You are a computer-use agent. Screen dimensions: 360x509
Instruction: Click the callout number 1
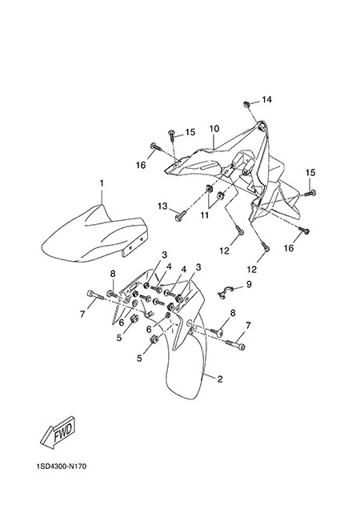point(102,183)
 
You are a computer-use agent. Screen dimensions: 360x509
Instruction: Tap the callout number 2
point(220,379)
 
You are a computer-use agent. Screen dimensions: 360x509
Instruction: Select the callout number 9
point(249,284)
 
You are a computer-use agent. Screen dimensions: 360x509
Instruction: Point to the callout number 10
point(214,129)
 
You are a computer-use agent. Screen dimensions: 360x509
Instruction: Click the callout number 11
point(205,215)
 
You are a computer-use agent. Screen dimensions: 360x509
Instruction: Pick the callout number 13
point(163,206)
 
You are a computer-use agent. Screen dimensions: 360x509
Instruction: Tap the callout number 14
point(266,99)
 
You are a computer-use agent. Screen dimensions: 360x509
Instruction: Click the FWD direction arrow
point(58,433)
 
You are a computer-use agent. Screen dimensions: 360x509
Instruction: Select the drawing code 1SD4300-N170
point(62,467)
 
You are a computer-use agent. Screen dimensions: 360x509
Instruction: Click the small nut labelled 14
point(246,104)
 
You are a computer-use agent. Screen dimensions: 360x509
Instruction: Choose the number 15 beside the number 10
point(190,132)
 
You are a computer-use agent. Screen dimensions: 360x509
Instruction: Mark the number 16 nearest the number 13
point(141,165)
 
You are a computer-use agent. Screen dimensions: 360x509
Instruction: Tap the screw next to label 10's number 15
point(171,135)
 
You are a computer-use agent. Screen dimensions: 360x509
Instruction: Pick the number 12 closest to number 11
point(224,250)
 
